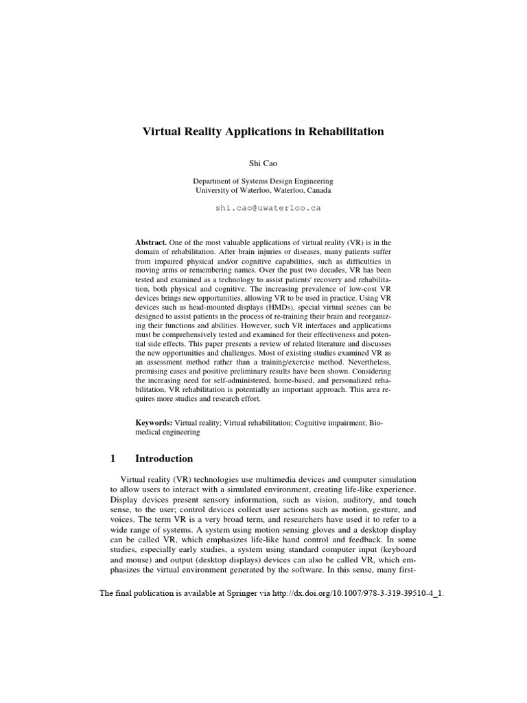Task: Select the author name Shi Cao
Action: (x=263, y=163)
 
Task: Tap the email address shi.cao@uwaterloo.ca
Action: (x=268, y=207)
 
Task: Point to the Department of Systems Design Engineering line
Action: (x=263, y=181)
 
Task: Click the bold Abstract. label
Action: (x=151, y=243)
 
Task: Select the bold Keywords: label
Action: (x=154, y=424)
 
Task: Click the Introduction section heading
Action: (x=164, y=459)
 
